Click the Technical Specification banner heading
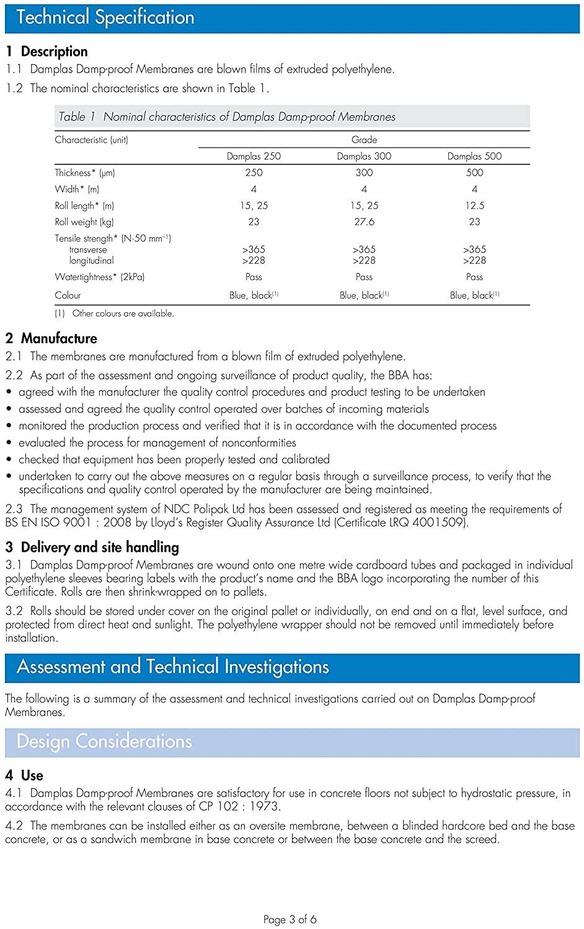pyautogui.click(x=105, y=17)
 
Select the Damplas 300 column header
pyautogui.click(x=364, y=156)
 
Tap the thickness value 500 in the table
pyautogui.click(x=474, y=173)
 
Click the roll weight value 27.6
pyautogui.click(x=364, y=222)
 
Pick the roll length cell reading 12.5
pyautogui.click(x=474, y=206)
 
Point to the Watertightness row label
pyautogui.click(x=99, y=277)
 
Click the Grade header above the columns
pyautogui.click(x=364, y=140)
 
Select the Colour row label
pyautogui.click(x=68, y=295)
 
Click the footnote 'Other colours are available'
pyautogui.click(x=122, y=313)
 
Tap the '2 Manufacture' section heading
pyautogui.click(x=51, y=338)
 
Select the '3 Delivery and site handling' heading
pyautogui.click(x=92, y=547)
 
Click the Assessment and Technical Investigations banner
pyautogui.click(x=172, y=667)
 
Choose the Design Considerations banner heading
pyautogui.click(x=104, y=741)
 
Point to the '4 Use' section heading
pyautogui.click(x=24, y=775)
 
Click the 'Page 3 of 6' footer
pyautogui.click(x=290, y=919)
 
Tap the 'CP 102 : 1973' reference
pyautogui.click(x=239, y=806)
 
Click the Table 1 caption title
pyautogui.click(x=227, y=116)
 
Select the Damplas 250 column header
pyautogui.click(x=254, y=156)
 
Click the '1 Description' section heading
pyautogui.click(x=46, y=51)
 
